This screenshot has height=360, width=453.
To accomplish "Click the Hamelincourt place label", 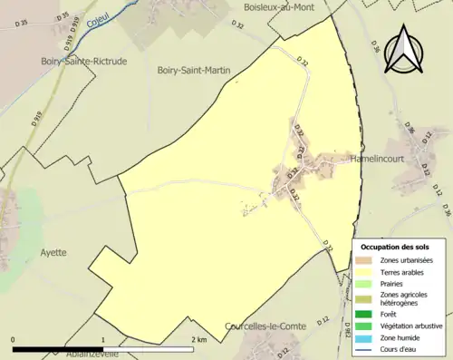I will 378,159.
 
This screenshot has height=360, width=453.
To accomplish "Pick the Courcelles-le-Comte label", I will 264,325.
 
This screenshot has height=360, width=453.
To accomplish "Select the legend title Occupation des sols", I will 395,247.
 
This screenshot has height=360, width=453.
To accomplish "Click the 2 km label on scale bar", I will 200,339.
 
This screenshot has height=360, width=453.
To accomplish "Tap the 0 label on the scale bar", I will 14,339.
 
